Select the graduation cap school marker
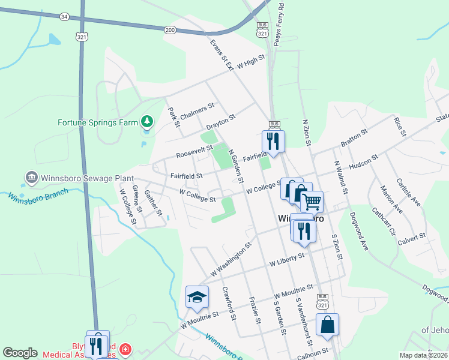(x=197, y=296)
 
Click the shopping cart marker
(x=312, y=203)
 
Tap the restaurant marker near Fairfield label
(x=273, y=141)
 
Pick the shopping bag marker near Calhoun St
(x=327, y=325)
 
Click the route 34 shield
(x=64, y=16)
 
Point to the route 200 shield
(x=170, y=29)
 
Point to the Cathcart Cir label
(x=384, y=223)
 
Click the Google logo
(x=20, y=353)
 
